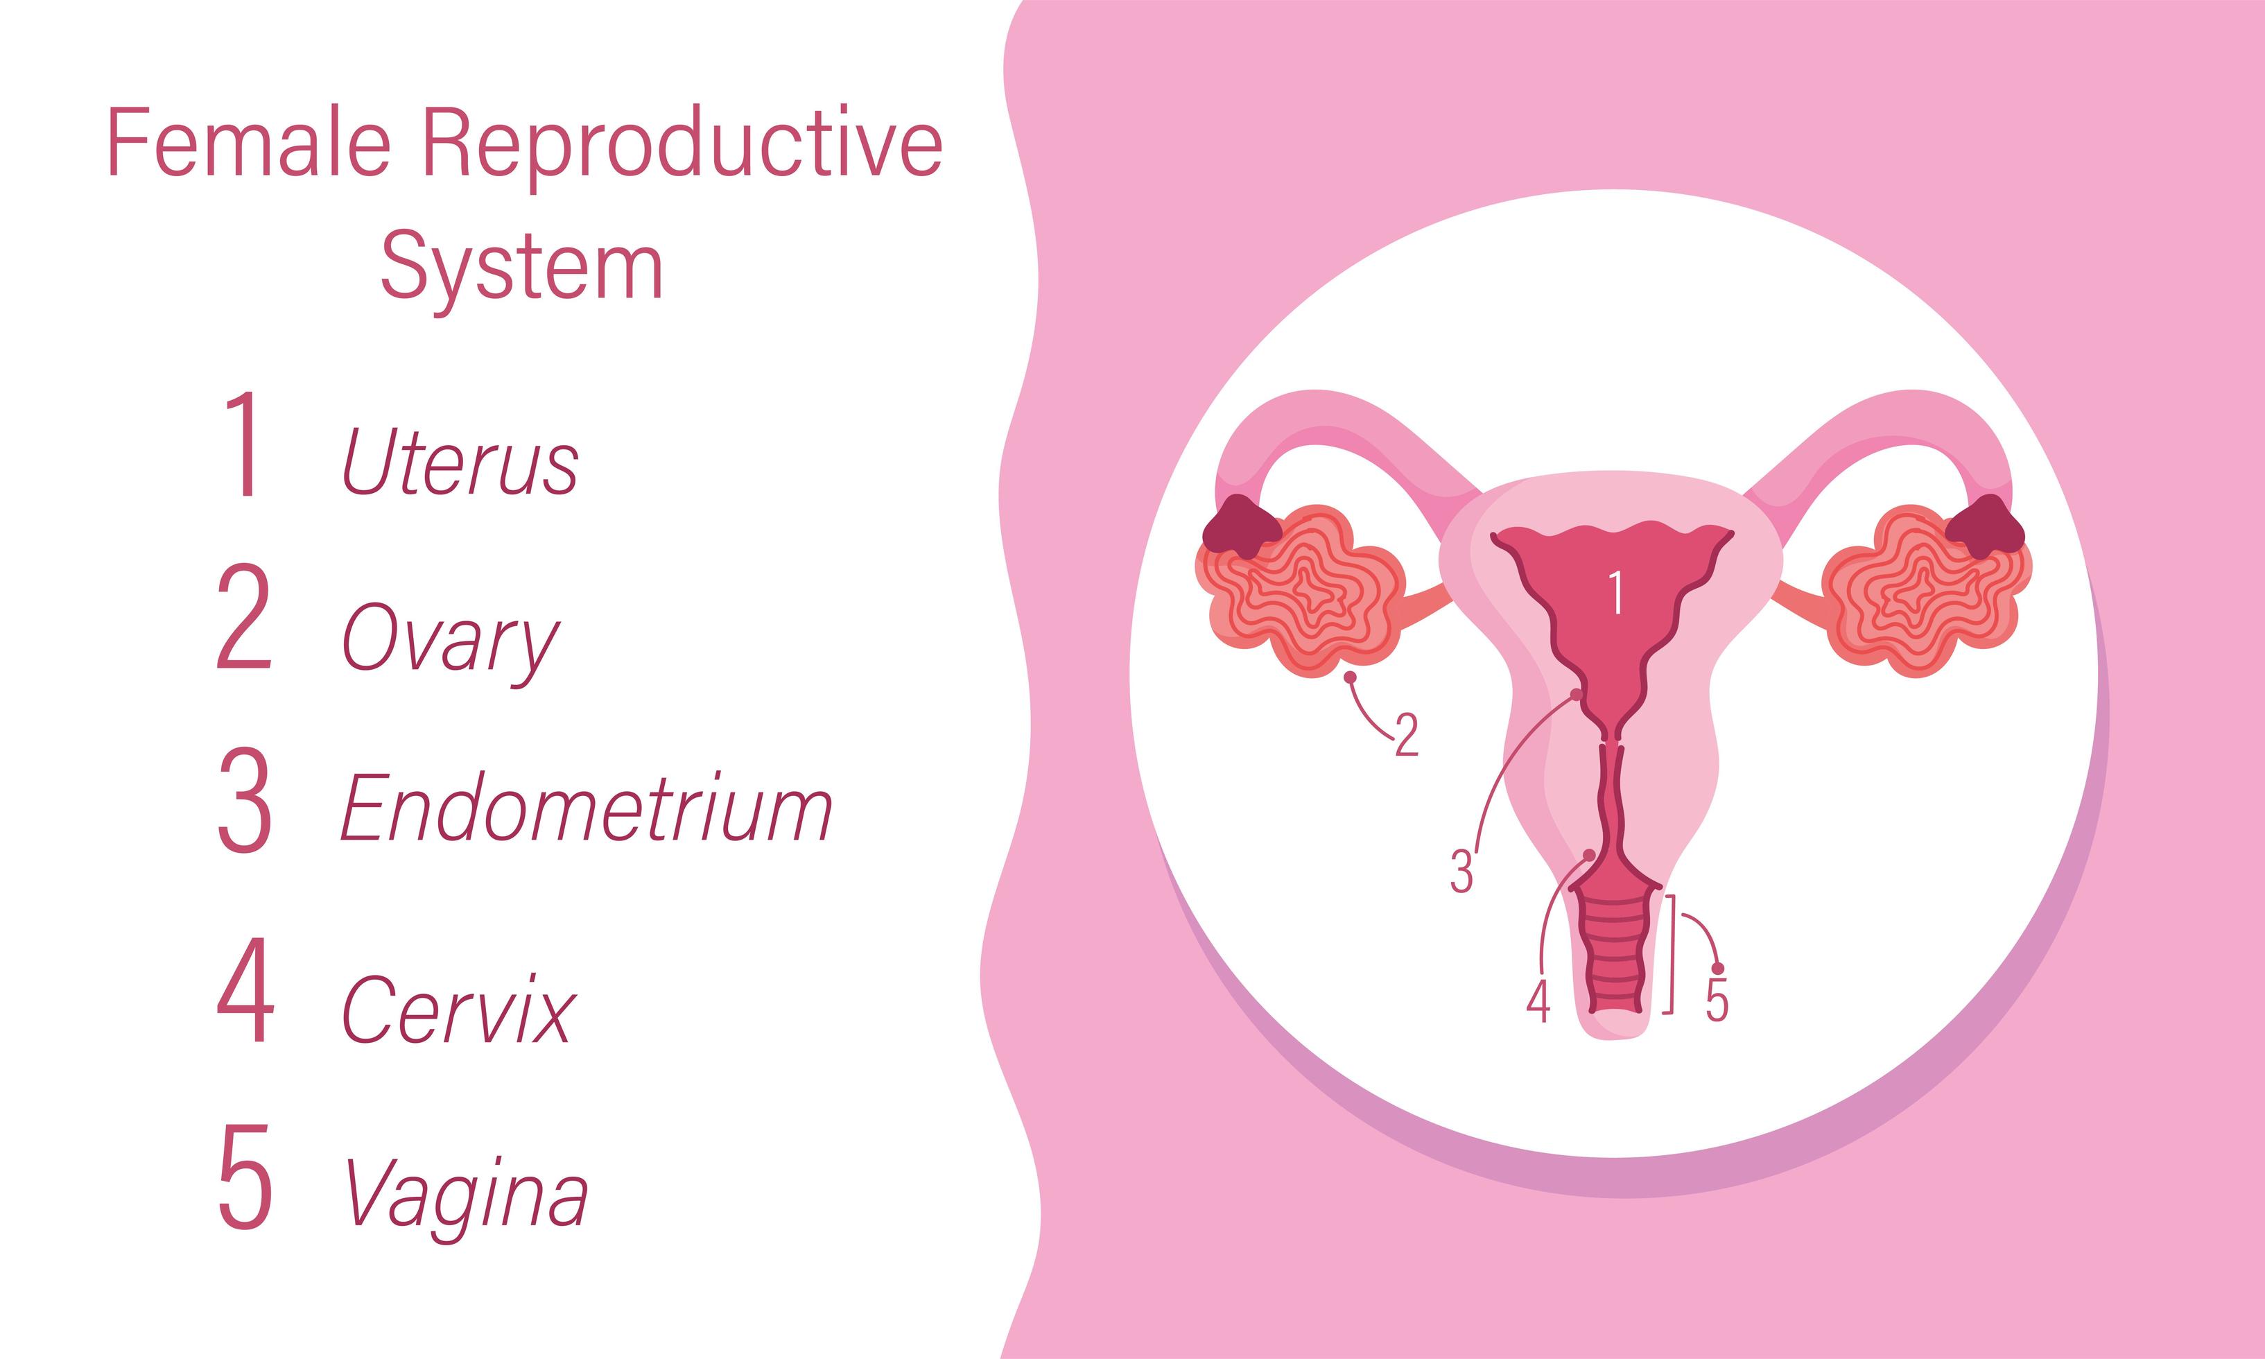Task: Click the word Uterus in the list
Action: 460,462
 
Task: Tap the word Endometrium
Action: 587,807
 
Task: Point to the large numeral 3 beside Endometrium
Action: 245,799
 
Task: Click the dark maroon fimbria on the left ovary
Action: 1242,526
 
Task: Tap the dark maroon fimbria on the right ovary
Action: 1985,526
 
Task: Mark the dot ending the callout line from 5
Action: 1717,969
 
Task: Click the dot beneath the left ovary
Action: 1349,677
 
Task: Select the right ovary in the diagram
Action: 1923,591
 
